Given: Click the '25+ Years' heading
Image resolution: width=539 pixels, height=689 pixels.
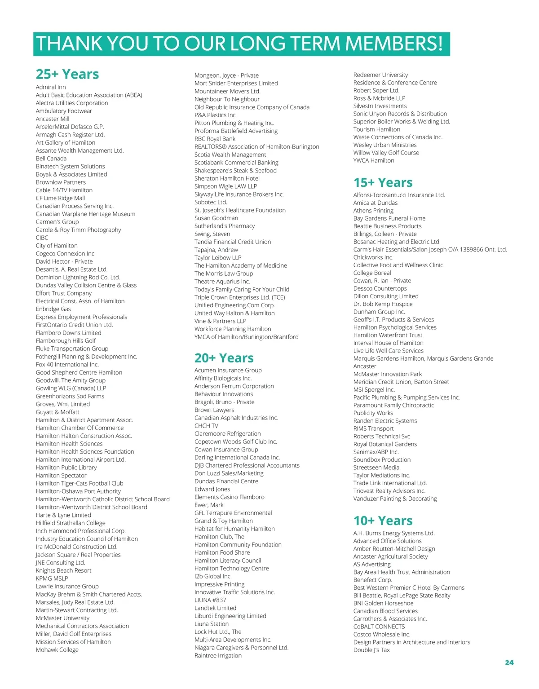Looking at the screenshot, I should pyautogui.click(x=67, y=74).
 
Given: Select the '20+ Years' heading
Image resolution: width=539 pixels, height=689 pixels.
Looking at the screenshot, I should pyautogui.click(x=224, y=358).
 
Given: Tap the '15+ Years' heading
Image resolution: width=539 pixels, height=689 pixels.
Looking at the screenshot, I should pyautogui.click(x=383, y=182).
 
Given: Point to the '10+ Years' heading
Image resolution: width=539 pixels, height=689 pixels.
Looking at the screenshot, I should pyautogui.click(x=383, y=521).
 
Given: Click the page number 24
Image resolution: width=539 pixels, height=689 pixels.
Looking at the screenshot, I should pyautogui.click(x=509, y=662).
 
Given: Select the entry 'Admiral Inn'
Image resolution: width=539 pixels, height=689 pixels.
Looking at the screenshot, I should pyautogui.click(x=51, y=87).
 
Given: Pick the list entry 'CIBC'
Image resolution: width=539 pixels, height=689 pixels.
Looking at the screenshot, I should pyautogui.click(x=42, y=238).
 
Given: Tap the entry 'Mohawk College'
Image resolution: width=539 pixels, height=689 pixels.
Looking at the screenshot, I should pyautogui.click(x=57, y=649).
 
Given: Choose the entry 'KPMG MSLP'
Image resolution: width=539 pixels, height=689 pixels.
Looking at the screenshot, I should pyautogui.click(x=52, y=579).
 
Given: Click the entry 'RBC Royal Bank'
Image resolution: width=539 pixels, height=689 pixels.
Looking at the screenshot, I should pyautogui.click(x=215, y=139).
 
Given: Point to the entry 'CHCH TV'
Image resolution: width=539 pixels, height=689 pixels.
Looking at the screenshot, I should pyautogui.click(x=206, y=426).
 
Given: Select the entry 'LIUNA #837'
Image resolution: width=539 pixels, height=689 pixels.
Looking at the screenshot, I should pyautogui.click(x=210, y=600).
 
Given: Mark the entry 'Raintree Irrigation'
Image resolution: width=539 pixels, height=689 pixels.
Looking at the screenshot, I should pyautogui.click(x=218, y=655).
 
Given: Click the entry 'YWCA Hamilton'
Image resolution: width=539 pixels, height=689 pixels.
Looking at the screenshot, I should pyautogui.click(x=374, y=160).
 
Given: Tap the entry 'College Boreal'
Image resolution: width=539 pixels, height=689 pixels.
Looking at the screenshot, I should pyautogui.click(x=372, y=273).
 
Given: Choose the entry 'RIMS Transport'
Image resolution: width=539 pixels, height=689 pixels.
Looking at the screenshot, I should pyautogui.click(x=373, y=428).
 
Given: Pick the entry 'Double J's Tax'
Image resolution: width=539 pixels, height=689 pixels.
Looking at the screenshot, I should pyautogui.click(x=371, y=650).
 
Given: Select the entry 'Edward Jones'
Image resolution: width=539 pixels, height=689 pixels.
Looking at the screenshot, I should pyautogui.click(x=212, y=489).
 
